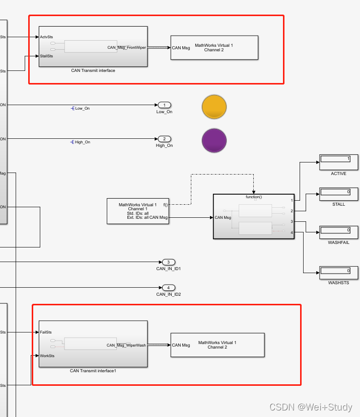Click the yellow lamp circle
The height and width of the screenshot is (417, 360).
pyautogui.click(x=214, y=107)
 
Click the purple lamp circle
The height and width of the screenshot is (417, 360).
pyautogui.click(x=214, y=140)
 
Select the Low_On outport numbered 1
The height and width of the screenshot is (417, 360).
pyautogui.click(x=164, y=105)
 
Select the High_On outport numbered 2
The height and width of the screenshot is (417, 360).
pyautogui.click(x=164, y=139)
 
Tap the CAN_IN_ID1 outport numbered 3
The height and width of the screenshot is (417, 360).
pyautogui.click(x=168, y=262)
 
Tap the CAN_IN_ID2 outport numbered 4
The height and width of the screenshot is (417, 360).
pyautogui.click(x=168, y=288)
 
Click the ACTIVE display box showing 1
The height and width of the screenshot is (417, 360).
pyautogui.click(x=338, y=162)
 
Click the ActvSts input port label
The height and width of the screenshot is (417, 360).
pyautogui.click(x=47, y=37)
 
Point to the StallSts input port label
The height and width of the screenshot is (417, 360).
pyautogui.click(x=47, y=56)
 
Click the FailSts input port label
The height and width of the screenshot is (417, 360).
pyautogui.click(x=46, y=332)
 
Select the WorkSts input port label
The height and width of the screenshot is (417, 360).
pyautogui.click(x=47, y=356)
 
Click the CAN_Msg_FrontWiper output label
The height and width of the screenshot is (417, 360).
pyautogui.click(x=126, y=47)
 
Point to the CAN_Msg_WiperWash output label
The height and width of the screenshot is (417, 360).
pyautogui.click(x=126, y=345)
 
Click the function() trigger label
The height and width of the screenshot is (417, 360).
pyautogui.click(x=254, y=197)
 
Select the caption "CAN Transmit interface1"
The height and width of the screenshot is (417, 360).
pyautogui.click(x=93, y=371)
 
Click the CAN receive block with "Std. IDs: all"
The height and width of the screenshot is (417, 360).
pyautogui.click(x=137, y=211)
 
